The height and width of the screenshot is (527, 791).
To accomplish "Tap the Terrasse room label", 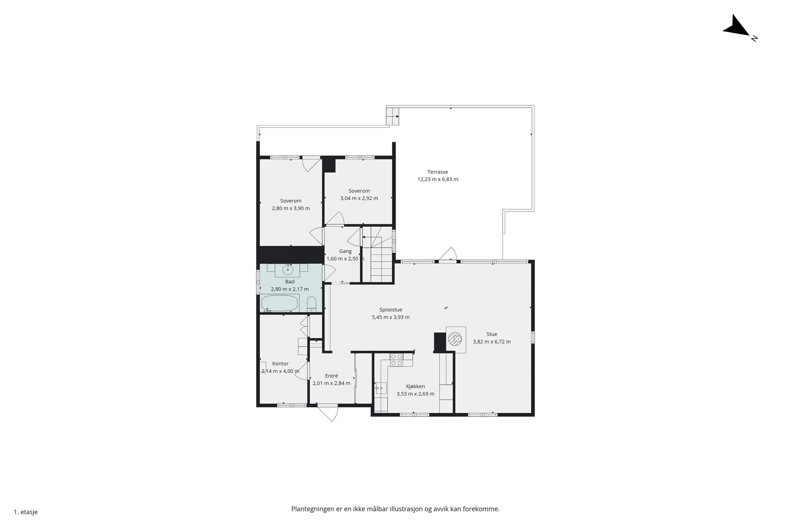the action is point(438,172).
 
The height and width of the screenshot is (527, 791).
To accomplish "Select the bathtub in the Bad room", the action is point(279,303).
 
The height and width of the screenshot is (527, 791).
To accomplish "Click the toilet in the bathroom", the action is point(311,304).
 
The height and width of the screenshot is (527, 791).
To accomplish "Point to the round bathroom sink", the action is point(288,269).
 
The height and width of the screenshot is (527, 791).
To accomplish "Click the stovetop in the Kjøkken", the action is point(396,360).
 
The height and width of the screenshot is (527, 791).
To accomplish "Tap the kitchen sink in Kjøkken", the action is point(381,388).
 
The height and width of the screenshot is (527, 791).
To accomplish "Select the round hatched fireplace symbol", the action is point(455,339).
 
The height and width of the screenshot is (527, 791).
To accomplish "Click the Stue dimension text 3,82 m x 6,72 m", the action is point(492,342).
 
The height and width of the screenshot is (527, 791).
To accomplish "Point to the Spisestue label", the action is point(390,310).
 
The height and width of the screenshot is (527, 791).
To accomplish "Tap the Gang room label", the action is point(345,252).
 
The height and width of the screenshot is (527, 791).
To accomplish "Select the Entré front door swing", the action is point(328,413).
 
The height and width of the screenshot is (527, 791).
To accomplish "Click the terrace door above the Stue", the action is point(448,255).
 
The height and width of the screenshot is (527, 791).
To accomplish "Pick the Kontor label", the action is point(280,364).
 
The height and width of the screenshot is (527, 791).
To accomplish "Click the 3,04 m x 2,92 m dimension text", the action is point(359,198).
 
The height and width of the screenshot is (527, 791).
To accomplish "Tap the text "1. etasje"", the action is point(26,512).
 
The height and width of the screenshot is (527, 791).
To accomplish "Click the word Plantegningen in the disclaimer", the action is point(313,509).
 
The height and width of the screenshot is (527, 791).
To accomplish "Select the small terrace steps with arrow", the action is point(392,116).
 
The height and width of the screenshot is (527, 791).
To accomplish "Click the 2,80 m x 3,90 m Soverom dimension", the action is point(291,208).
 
